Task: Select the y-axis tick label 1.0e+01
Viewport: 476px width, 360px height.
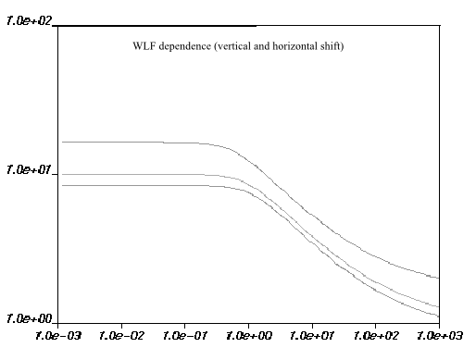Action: click(x=29, y=169)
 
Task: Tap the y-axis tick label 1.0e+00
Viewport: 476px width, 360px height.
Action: click(x=29, y=318)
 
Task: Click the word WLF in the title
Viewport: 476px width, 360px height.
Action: click(x=144, y=46)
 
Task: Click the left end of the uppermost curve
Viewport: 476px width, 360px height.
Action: click(x=62, y=142)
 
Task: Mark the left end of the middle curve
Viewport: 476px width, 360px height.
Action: click(x=62, y=174)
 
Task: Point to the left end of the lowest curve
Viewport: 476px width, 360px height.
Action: click(x=62, y=185)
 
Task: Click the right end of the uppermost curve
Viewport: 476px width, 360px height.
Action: click(x=438, y=278)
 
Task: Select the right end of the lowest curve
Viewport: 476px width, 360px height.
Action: click(x=438, y=317)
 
